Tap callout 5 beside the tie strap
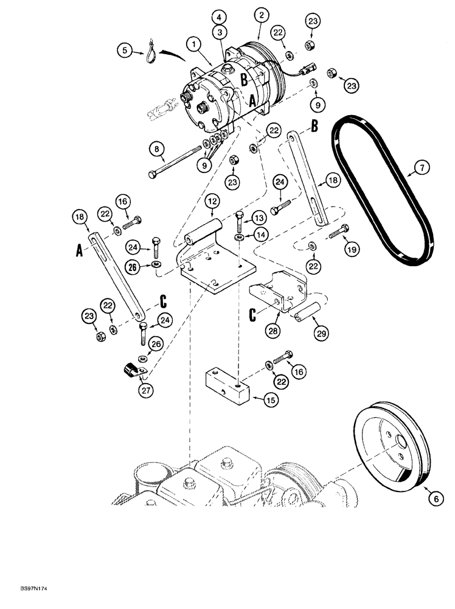[125, 51]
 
